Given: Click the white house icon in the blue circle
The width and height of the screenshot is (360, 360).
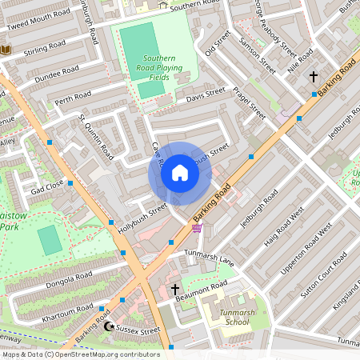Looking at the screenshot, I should [x=180, y=173].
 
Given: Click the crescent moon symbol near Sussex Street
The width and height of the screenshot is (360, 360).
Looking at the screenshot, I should [x=110, y=326].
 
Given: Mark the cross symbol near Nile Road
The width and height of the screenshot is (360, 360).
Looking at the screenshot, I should [x=313, y=77].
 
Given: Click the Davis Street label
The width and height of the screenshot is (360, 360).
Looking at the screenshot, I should [x=206, y=98].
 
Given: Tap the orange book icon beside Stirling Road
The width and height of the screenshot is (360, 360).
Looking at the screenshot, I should [x=5, y=50].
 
